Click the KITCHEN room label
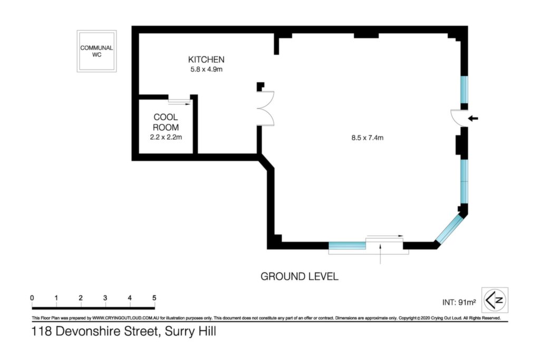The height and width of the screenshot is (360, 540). pos(206,59)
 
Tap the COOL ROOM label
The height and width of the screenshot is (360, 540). pos(166,122)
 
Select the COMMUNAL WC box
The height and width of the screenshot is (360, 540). pos(97,51)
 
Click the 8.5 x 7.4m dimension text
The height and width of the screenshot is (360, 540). pos(367,138)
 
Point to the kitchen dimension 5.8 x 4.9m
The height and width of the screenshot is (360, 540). pos(206,69)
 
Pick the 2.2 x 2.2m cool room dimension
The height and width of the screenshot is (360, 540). pos(166,137)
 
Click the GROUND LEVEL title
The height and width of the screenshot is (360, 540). pos(300,276)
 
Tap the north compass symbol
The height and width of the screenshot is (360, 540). pos(495,300)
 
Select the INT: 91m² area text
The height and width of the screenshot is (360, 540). pos(459,302)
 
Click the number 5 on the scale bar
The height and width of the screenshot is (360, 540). pos(154,298)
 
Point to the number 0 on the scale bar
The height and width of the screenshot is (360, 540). pos(32,298)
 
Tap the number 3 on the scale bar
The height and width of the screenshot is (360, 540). pos(105,298)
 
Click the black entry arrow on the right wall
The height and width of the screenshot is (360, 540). pos(473,119)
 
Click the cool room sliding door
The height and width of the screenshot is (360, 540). pos(179,102)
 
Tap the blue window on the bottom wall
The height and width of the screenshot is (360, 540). pos(347,246)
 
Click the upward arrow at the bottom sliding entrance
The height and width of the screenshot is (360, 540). pos(380,254)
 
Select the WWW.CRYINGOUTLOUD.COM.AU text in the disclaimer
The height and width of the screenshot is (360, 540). pos(126,318)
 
